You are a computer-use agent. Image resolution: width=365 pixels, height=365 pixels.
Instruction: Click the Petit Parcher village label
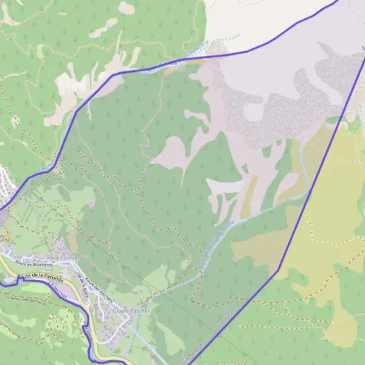tap(68, 258)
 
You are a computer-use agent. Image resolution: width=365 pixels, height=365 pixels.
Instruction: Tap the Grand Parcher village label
tap(131, 310)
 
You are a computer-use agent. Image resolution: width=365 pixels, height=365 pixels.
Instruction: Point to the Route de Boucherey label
tap(32, 263)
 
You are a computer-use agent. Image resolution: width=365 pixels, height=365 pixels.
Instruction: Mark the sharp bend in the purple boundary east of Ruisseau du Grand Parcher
tap(279, 270)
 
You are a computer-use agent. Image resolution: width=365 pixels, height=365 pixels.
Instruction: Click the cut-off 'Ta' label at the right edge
tap(363, 48)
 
